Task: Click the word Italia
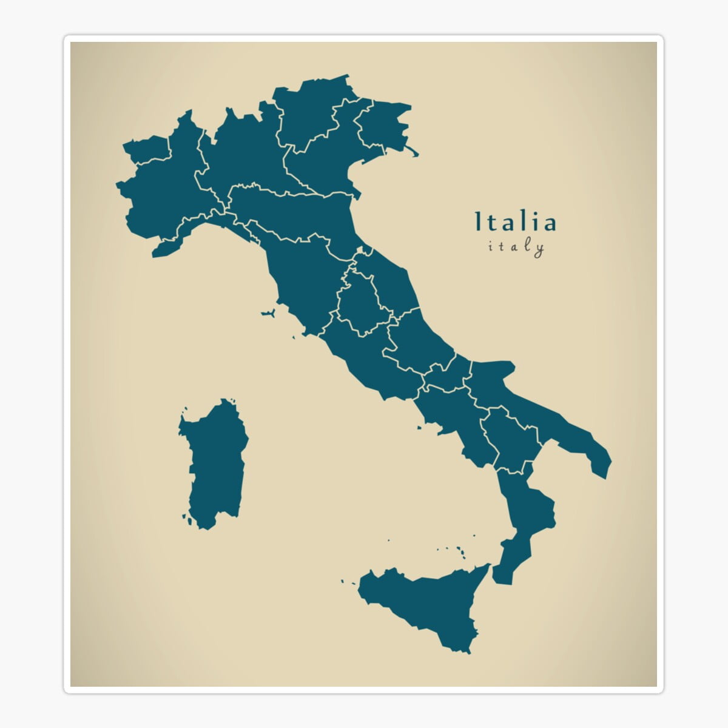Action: click(x=514, y=222)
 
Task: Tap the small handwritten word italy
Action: click(x=516, y=247)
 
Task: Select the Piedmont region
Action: click(x=161, y=194)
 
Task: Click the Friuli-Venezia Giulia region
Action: click(x=382, y=124)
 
